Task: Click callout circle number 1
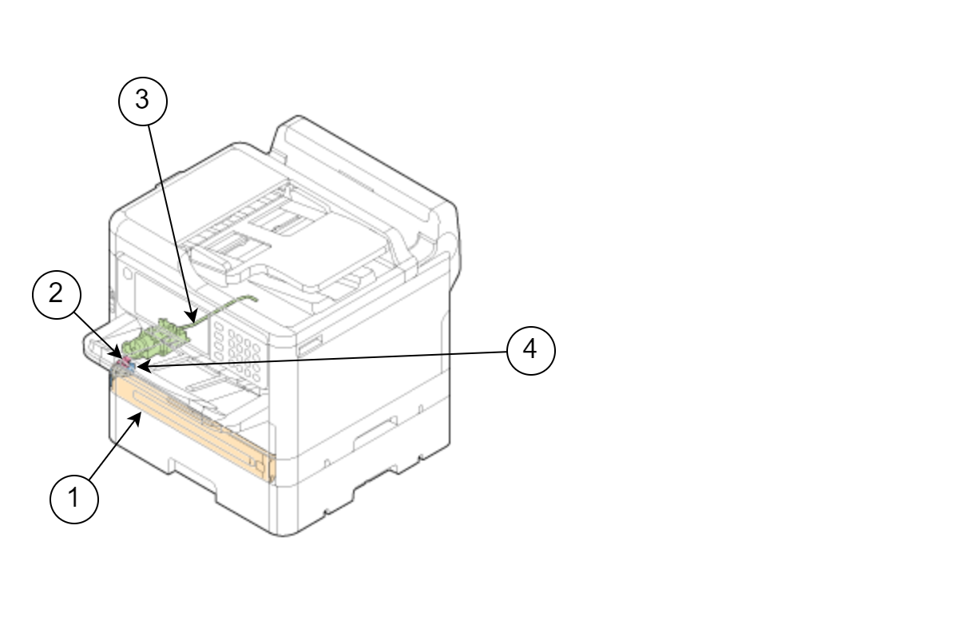pyautogui.click(x=74, y=499)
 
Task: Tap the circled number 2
pyautogui.click(x=57, y=295)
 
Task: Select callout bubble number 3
pyautogui.click(x=143, y=102)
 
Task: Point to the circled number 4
pyautogui.click(x=531, y=351)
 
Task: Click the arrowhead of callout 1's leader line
pyautogui.click(x=137, y=419)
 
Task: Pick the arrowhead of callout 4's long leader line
pyautogui.click(x=142, y=367)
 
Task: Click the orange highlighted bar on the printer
pyautogui.click(x=192, y=428)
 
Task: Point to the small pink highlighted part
pyautogui.click(x=125, y=361)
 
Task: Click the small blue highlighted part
pyautogui.click(x=132, y=367)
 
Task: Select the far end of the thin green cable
pyautogui.click(x=256, y=298)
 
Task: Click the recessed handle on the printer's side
pyautogui.click(x=309, y=345)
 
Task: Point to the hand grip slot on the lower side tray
pyautogui.click(x=375, y=432)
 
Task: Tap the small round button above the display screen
pyautogui.click(x=128, y=273)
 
